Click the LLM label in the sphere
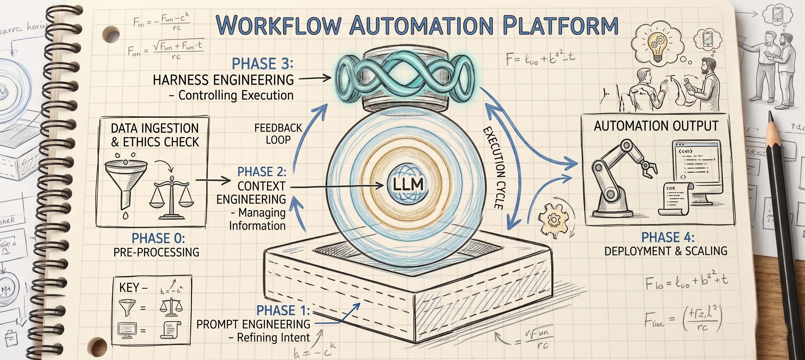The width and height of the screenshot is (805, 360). [x=408, y=184]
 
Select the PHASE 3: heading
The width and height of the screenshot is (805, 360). [x=262, y=64]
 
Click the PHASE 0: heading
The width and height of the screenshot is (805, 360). [x=158, y=238]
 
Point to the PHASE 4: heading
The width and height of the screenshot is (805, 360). [x=668, y=238]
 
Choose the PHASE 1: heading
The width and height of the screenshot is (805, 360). [x=283, y=311]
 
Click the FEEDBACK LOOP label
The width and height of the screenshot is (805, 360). [x=278, y=134]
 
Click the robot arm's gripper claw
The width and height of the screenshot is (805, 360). [x=649, y=169]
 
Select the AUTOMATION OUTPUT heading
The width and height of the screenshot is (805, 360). [x=656, y=126]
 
